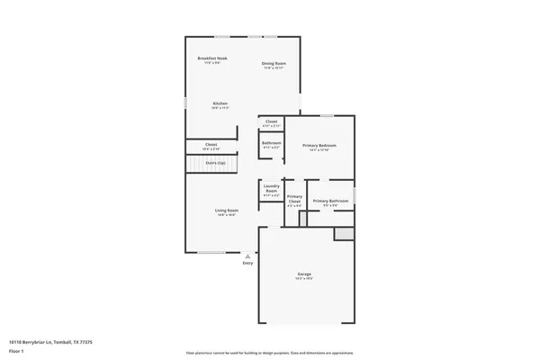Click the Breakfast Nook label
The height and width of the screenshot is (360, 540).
click(x=212, y=58)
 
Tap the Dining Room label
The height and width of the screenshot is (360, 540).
click(x=274, y=63)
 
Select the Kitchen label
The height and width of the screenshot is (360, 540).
click(x=220, y=103)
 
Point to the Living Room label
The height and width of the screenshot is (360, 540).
click(x=226, y=211)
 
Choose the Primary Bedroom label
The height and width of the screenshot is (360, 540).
click(x=319, y=146)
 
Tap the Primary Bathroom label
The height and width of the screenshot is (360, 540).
click(x=330, y=201)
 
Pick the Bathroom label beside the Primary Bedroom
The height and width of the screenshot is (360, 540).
click(x=272, y=143)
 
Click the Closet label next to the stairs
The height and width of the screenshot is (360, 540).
click(x=211, y=145)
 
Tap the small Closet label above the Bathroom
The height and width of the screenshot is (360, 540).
click(x=271, y=121)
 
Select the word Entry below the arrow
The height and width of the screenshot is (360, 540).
click(x=248, y=263)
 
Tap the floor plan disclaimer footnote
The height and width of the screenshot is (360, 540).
click(x=269, y=353)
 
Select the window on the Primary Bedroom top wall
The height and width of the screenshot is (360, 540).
click(x=328, y=115)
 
